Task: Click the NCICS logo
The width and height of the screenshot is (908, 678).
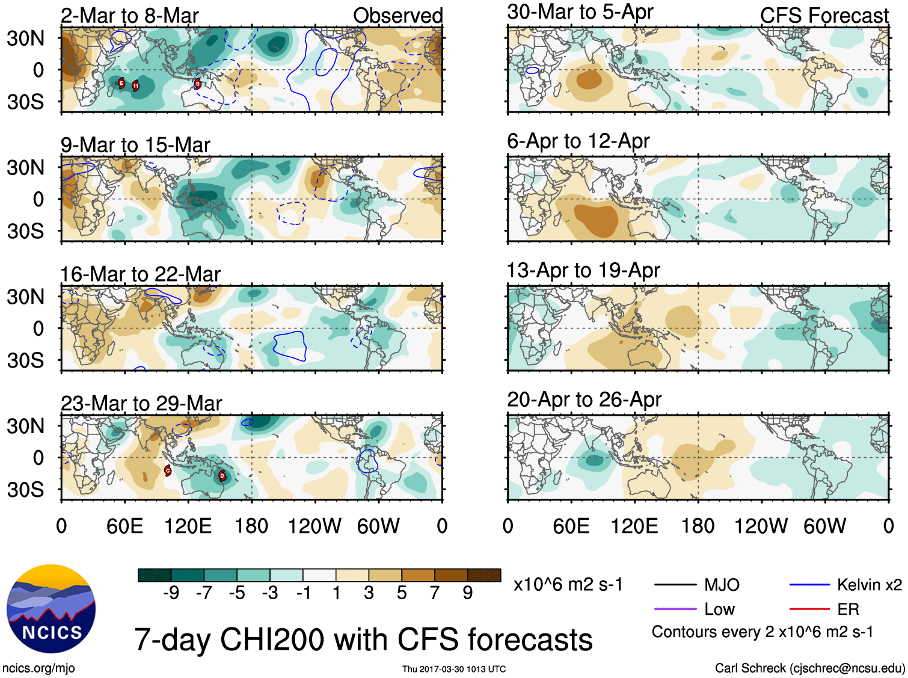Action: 51,608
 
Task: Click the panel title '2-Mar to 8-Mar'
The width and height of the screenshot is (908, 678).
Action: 129,16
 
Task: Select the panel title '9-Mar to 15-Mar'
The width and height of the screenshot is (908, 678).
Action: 135,145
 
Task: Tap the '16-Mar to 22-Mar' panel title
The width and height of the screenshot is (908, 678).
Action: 140,274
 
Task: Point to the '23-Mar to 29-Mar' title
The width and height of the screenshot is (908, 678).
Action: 141,403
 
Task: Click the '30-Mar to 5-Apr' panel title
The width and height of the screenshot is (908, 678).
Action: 580,12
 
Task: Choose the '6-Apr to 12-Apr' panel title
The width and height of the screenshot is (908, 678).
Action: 578,141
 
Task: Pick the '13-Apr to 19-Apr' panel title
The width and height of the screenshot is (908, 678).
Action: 583,271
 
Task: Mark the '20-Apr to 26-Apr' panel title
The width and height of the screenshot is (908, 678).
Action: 584,399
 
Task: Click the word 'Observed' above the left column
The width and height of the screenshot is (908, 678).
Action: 397,16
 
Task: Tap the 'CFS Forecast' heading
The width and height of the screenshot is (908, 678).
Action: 824,16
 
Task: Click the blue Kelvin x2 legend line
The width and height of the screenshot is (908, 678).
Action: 809,585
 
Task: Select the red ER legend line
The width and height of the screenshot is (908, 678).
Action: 809,609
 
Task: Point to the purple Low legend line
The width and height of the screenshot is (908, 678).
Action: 675,609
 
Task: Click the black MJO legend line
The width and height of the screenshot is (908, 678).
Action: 675,585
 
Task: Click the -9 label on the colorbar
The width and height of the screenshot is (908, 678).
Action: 171,593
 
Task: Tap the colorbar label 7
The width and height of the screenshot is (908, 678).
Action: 435,593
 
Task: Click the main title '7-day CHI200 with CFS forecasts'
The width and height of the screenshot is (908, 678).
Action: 363,639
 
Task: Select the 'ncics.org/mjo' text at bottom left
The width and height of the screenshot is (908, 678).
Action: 38,668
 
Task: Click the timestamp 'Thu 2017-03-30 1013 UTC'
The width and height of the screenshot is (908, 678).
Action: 454,669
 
